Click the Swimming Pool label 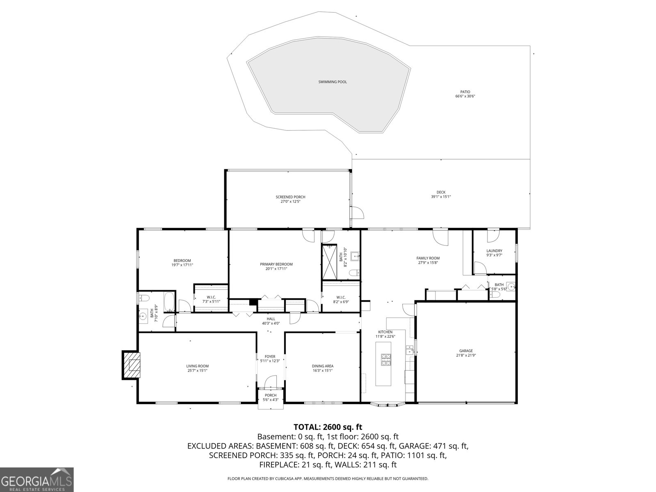[x=333, y=82]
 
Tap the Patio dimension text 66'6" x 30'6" [x=465, y=96]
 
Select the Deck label [x=441, y=192]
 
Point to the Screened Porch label [x=290, y=197]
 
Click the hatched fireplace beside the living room [x=131, y=365]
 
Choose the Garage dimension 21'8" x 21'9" [x=466, y=355]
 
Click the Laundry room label [x=494, y=251]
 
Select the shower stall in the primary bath [x=329, y=262]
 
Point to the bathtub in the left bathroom [x=169, y=301]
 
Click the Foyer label [x=270, y=356]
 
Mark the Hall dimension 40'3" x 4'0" [x=271, y=323]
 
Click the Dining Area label [x=323, y=366]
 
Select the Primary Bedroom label [x=276, y=264]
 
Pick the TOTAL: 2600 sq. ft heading [x=328, y=427]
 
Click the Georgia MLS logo [x=37, y=479]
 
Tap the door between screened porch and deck [x=358, y=213]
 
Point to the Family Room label [x=428, y=258]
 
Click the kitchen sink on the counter [x=410, y=350]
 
